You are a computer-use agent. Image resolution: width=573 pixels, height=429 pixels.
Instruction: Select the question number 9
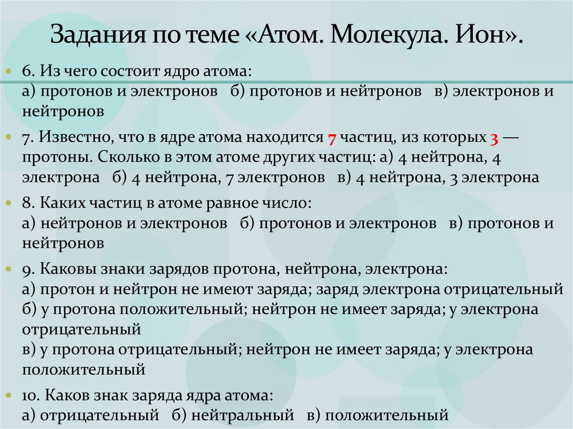(x=28, y=268)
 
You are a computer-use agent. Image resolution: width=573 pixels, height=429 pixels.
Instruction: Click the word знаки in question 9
(x=123, y=268)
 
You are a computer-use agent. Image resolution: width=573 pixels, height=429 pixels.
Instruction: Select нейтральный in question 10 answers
(x=242, y=416)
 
